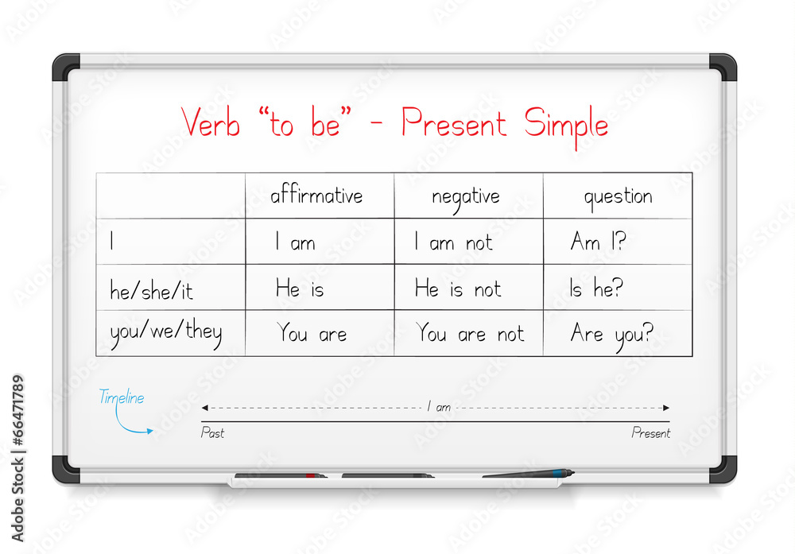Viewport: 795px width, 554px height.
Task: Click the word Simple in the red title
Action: pos(566,125)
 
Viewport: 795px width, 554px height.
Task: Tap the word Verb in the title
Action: pos(211,123)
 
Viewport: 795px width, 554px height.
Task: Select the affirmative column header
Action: pos(316,196)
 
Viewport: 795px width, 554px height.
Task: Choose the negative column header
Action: pos(466,196)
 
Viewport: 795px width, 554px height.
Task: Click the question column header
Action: pos(618,197)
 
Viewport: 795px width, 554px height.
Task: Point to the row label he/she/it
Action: pos(151,290)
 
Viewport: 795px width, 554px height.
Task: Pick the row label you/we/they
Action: pos(165,332)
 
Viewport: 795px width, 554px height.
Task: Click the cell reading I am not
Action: pos(453,243)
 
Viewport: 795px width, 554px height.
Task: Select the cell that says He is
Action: pos(300,289)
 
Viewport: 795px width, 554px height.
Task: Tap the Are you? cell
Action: pos(611,335)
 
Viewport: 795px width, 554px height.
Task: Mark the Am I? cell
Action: pos(598,242)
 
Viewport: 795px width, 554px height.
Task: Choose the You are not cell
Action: pos(470,335)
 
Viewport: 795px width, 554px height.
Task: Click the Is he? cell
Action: pos(596,289)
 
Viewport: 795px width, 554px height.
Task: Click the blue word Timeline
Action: pos(121,398)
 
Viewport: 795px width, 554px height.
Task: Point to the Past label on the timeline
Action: pos(212,433)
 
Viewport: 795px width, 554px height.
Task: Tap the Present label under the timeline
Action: pos(650,433)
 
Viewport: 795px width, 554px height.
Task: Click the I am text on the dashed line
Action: pos(439,407)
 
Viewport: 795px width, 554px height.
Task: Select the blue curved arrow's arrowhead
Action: pos(149,432)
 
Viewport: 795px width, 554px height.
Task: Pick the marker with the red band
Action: pos(281,476)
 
